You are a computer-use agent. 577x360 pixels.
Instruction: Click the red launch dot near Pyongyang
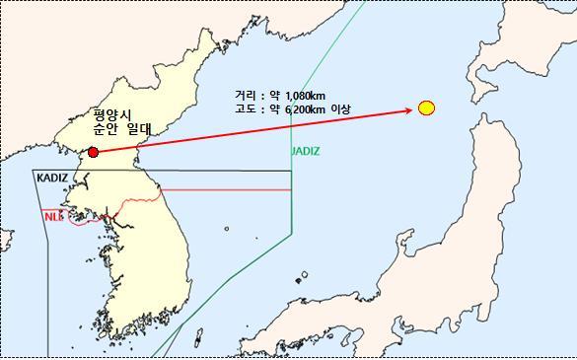(x=93, y=152)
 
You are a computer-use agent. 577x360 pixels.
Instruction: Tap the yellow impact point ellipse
(x=426, y=108)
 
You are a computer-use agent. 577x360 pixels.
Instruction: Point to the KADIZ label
(x=53, y=180)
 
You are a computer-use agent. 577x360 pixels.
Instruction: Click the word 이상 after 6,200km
(x=338, y=108)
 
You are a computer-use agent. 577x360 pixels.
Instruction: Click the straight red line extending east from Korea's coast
(x=227, y=188)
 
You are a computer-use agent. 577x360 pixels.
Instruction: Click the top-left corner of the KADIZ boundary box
(x=33, y=171)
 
